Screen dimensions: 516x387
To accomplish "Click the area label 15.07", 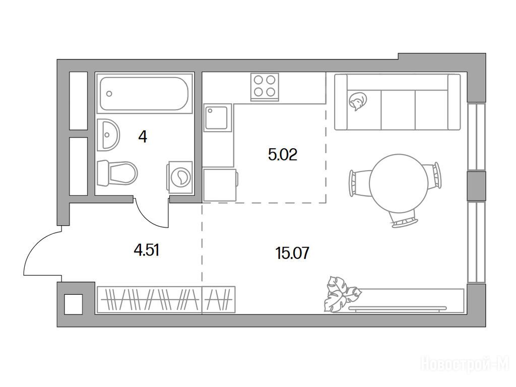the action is pyautogui.click(x=293, y=253).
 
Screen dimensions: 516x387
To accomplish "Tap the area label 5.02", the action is pyautogui.click(x=283, y=154).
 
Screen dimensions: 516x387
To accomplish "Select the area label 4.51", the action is pyautogui.click(x=147, y=250).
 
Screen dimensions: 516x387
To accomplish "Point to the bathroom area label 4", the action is pyautogui.click(x=143, y=137).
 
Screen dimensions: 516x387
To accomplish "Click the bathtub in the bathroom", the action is pyautogui.click(x=144, y=93).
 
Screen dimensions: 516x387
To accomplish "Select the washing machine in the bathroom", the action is pyautogui.click(x=180, y=177).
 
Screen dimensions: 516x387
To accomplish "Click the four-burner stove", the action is pyautogui.click(x=265, y=87).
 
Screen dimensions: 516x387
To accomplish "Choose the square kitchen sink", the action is pyautogui.click(x=217, y=117).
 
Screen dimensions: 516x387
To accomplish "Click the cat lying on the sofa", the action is pyautogui.click(x=358, y=101).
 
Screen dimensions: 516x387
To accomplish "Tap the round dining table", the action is pyautogui.click(x=399, y=183).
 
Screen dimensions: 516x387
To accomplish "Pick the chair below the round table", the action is pyautogui.click(x=404, y=219).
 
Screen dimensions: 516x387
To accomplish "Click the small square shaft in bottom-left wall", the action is pyautogui.click(x=73, y=304).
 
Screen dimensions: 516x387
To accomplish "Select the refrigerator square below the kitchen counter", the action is pyautogui.click(x=220, y=184).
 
